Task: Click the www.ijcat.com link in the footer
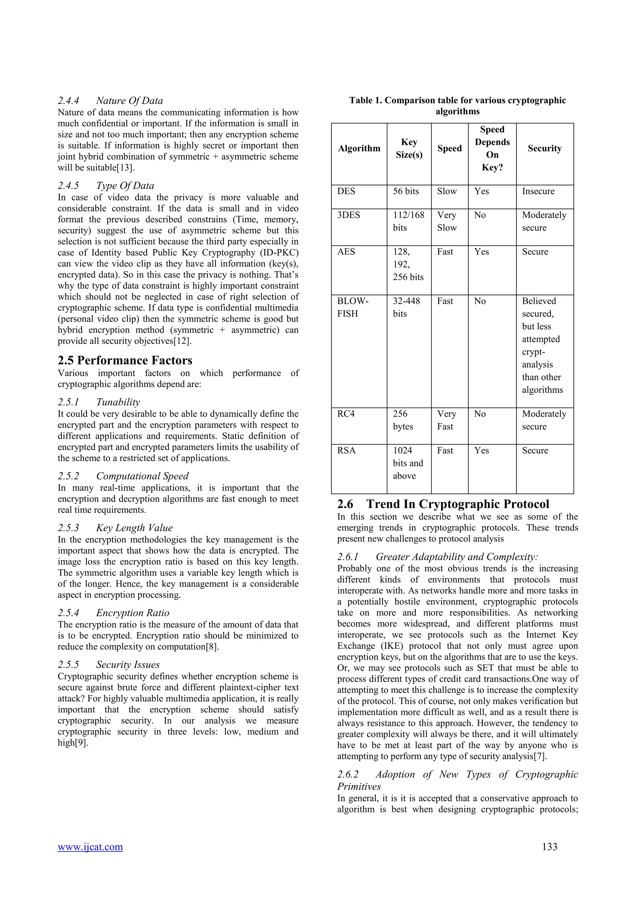[x=90, y=847]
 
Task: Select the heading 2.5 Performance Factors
[x=125, y=360]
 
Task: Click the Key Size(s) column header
[x=409, y=148]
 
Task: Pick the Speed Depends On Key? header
[x=492, y=148]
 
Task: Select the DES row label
[x=346, y=192]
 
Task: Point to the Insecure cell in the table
[x=538, y=192]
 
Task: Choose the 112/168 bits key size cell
[x=408, y=221]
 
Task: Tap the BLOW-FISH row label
[x=352, y=307]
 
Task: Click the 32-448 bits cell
[x=406, y=307]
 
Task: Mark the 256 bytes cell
[x=403, y=420]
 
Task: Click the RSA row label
[x=346, y=451]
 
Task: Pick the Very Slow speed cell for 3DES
[x=447, y=221]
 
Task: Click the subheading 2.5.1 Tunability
[x=99, y=402]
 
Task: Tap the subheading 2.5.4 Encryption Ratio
[x=114, y=613]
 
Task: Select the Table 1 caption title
[x=457, y=106]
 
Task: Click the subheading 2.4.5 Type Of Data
[x=106, y=186]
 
